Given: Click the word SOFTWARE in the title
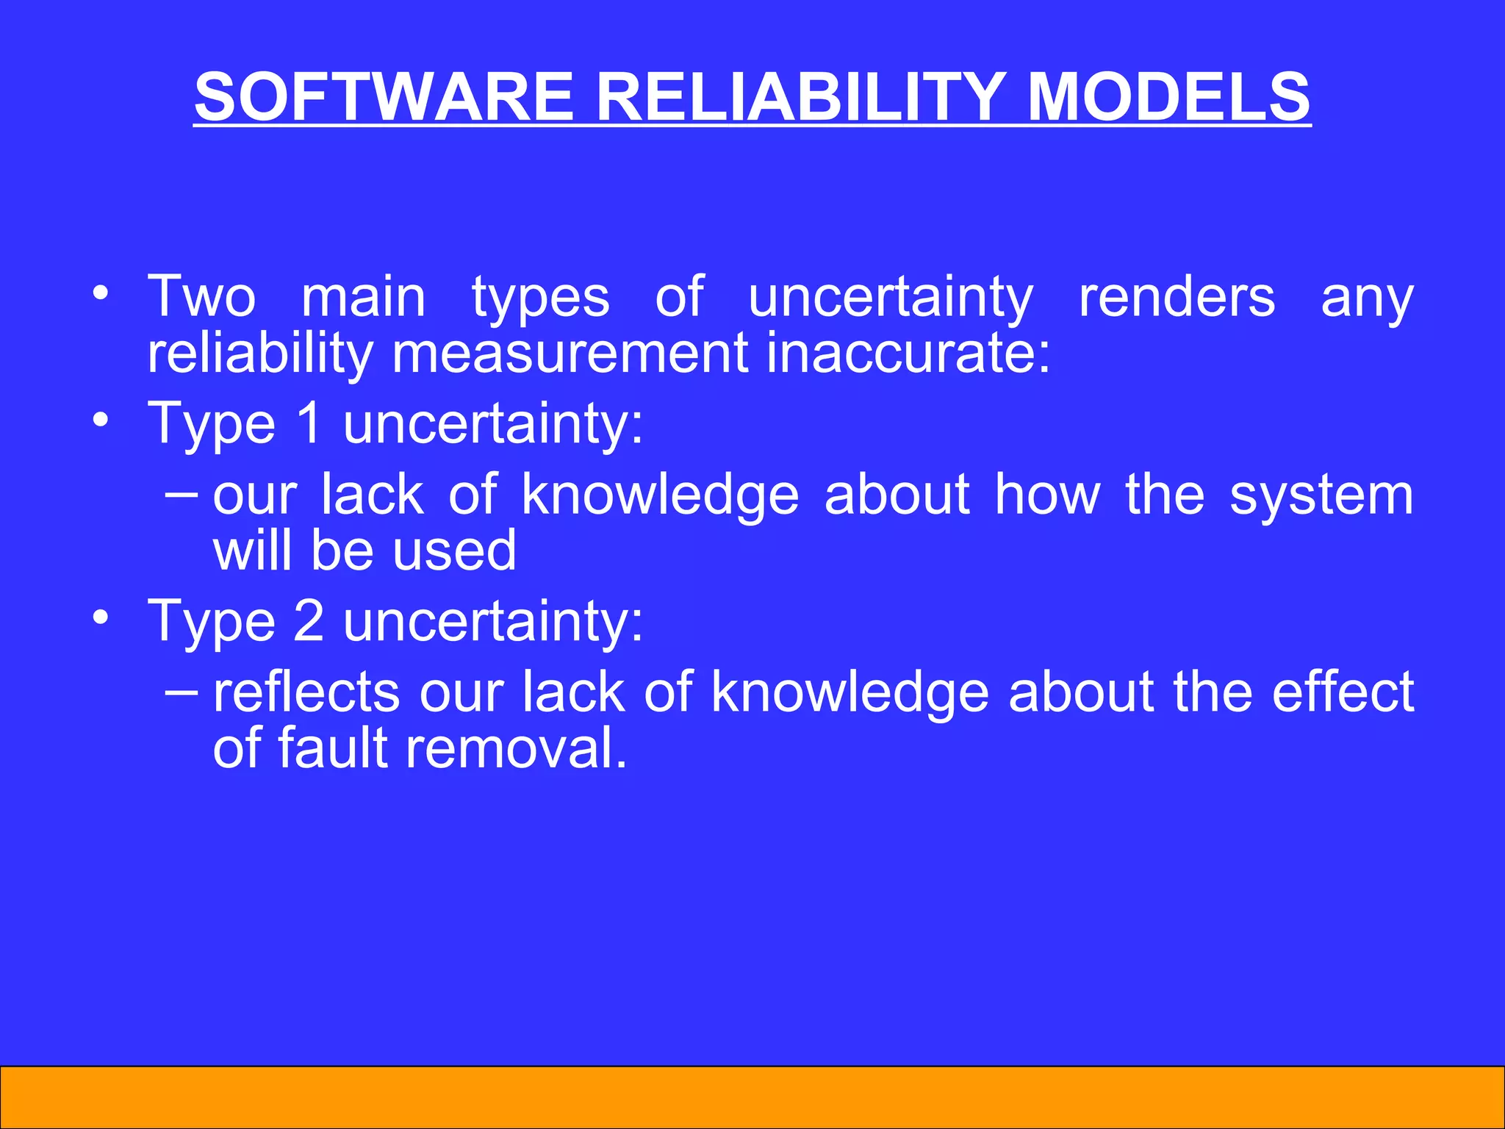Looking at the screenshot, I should (383, 98).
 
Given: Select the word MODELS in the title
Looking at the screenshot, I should (1168, 98).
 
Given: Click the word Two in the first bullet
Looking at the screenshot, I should (201, 297).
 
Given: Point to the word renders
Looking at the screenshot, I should (1177, 297).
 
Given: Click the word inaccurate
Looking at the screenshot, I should (908, 354).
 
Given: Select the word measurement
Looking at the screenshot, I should (570, 354).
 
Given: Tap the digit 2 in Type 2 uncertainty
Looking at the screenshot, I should (309, 621).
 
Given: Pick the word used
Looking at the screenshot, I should (454, 551).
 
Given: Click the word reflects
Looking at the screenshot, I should (306, 692).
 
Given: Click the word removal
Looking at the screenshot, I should (516, 748).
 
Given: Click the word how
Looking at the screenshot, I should (1047, 495).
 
